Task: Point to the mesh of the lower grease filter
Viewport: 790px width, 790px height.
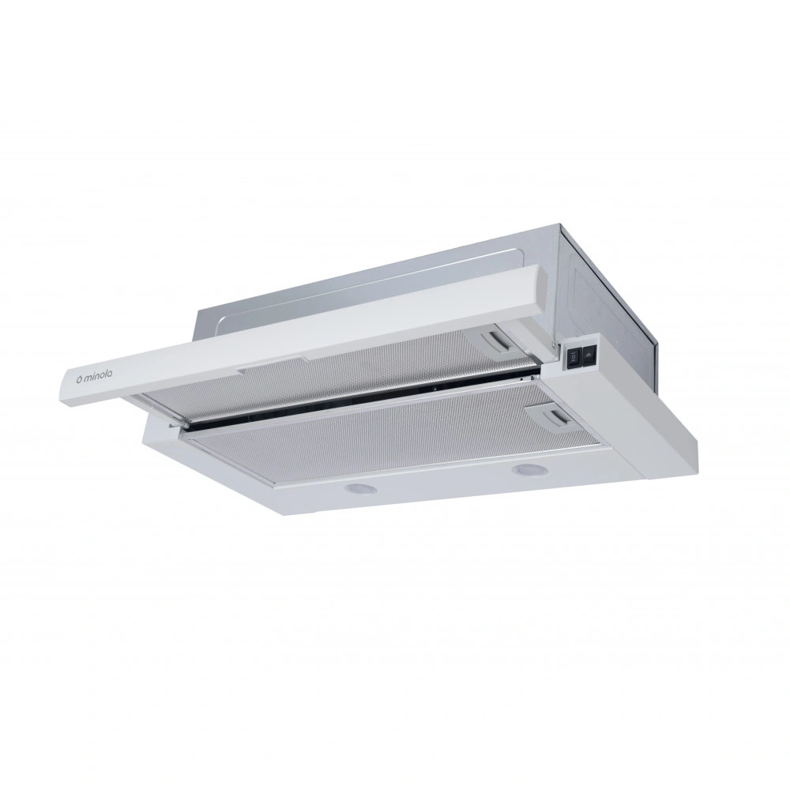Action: (x=363, y=442)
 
